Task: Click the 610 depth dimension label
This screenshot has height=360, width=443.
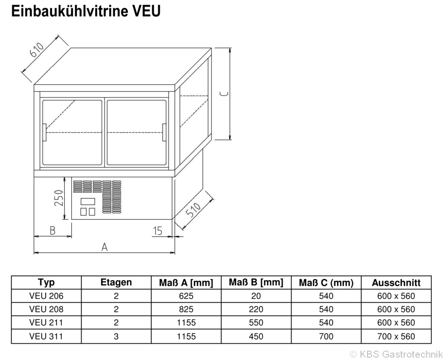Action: tap(37, 50)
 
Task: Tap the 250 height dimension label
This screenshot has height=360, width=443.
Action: tap(59, 198)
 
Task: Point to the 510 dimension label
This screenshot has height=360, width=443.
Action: tap(194, 210)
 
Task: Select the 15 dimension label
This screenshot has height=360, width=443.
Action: tap(158, 231)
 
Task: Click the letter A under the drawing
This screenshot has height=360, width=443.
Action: tap(105, 247)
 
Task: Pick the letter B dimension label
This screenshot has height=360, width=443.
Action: tap(53, 231)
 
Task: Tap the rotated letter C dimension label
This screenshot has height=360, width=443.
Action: tap(225, 94)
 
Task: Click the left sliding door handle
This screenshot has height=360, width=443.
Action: tap(45, 132)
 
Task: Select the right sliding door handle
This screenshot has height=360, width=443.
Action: tap(164, 132)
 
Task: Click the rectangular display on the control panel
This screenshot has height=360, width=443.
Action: tap(88, 202)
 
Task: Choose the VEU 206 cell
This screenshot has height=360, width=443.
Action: tap(46, 296)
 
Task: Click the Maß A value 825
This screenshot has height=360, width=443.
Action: tap(186, 309)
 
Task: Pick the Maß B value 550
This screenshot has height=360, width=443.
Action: tap(256, 322)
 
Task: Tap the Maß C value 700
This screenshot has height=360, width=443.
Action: tap(326, 336)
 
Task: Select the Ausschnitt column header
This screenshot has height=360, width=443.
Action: tap(396, 283)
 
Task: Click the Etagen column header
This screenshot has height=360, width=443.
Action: tap(116, 282)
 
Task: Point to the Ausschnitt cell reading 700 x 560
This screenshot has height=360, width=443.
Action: tap(396, 336)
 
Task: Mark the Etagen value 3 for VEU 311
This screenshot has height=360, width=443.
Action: tap(116, 336)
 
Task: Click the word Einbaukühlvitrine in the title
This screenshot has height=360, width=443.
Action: tap(69, 11)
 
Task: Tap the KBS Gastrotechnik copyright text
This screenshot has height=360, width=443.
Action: tap(396, 354)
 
